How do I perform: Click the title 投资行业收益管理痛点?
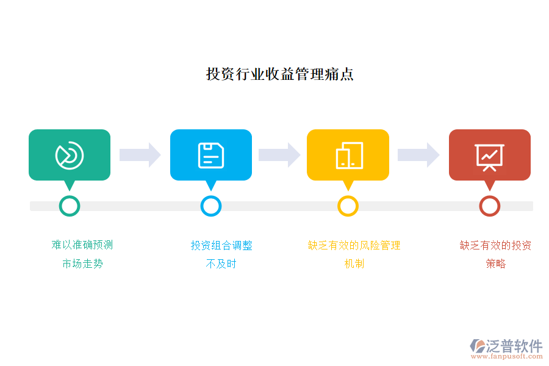280,74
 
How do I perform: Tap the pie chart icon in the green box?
70,155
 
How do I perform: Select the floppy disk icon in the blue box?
211,155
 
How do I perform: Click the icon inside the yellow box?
349,155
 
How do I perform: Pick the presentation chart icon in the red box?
489,156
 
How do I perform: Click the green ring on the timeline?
70,206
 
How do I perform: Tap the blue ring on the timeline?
211,206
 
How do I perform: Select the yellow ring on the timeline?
348,206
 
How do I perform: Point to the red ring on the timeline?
489,206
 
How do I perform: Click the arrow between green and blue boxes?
140,155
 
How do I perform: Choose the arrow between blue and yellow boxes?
279,155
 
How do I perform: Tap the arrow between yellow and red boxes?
418,155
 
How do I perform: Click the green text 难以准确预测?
82,245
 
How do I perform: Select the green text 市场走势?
82,264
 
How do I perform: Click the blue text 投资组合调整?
221,245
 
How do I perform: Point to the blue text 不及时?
221,264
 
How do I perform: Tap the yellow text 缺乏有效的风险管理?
354,245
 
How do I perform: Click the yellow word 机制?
354,264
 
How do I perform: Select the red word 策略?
496,264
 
